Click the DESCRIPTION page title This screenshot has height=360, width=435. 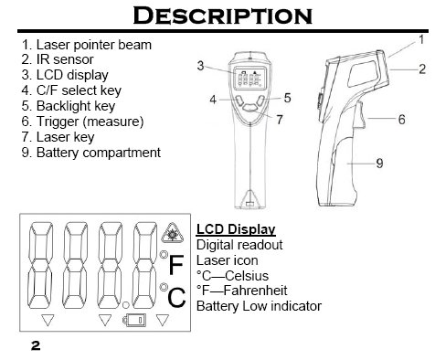(223, 16)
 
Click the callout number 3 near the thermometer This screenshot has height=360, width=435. (200, 66)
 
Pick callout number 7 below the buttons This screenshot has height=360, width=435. (280, 120)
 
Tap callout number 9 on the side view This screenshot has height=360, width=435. (379, 164)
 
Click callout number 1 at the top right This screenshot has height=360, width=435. (421, 39)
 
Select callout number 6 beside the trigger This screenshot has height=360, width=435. (402, 120)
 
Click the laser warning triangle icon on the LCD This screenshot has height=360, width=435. (173, 233)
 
